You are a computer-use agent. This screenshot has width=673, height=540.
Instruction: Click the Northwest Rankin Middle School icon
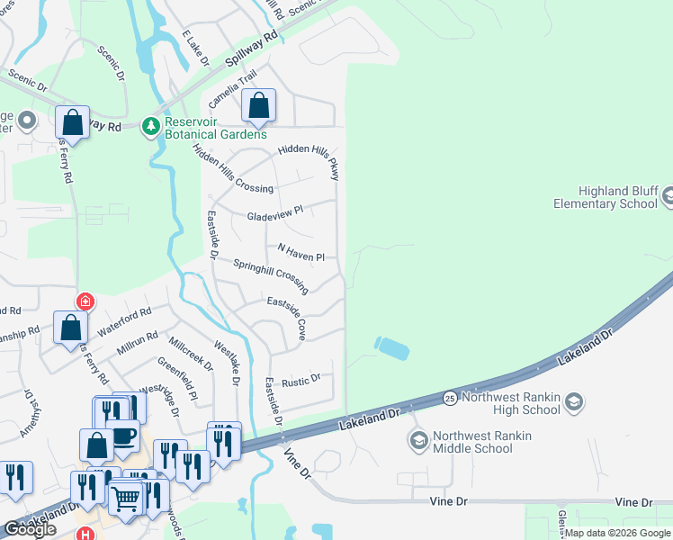(x=417, y=441)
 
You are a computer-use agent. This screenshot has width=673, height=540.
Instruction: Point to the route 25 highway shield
(x=448, y=397)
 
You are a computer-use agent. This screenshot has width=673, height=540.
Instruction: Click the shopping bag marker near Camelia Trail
(x=258, y=106)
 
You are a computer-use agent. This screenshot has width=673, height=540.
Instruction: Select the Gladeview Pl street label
(x=275, y=213)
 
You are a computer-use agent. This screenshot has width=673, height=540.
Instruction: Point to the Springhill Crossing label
(x=271, y=276)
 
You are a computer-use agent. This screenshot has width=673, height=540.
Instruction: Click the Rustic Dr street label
(x=301, y=381)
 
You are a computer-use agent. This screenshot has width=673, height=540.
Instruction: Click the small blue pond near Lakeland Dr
(x=391, y=346)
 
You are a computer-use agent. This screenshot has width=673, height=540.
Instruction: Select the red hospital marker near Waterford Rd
(x=85, y=301)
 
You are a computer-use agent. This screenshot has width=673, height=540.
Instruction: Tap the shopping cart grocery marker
(x=126, y=495)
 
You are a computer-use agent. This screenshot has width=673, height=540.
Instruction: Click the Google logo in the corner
(x=30, y=529)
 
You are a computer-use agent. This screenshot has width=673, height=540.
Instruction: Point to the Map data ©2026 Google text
(x=617, y=533)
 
